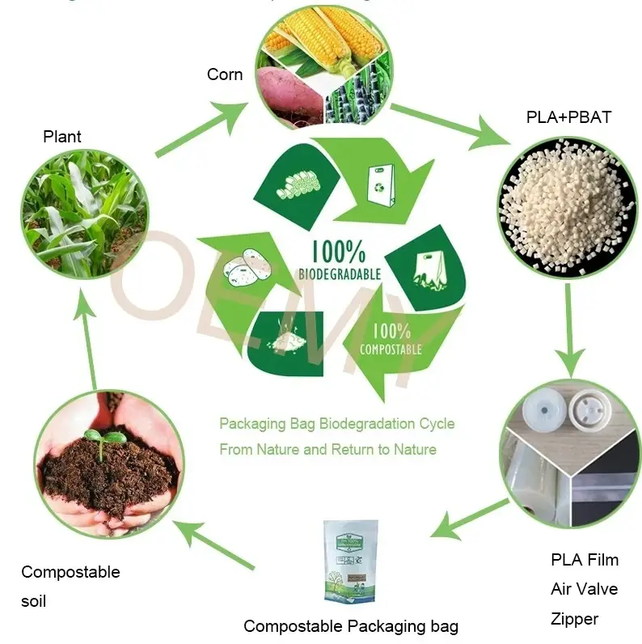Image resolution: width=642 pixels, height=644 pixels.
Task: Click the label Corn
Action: point(224,74)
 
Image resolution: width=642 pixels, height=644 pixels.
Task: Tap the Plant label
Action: point(62,137)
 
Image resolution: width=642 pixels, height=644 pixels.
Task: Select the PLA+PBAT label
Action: point(568,117)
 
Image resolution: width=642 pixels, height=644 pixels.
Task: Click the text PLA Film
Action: point(584,560)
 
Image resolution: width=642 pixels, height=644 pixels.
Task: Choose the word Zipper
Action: point(574,619)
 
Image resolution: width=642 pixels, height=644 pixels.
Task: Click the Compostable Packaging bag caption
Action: point(351,626)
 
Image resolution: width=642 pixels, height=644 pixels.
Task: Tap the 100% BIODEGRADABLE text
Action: point(340,258)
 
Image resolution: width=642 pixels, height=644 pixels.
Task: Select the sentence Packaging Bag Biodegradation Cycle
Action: point(336,423)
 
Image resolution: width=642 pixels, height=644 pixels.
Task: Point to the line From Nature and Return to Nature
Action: point(327,449)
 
